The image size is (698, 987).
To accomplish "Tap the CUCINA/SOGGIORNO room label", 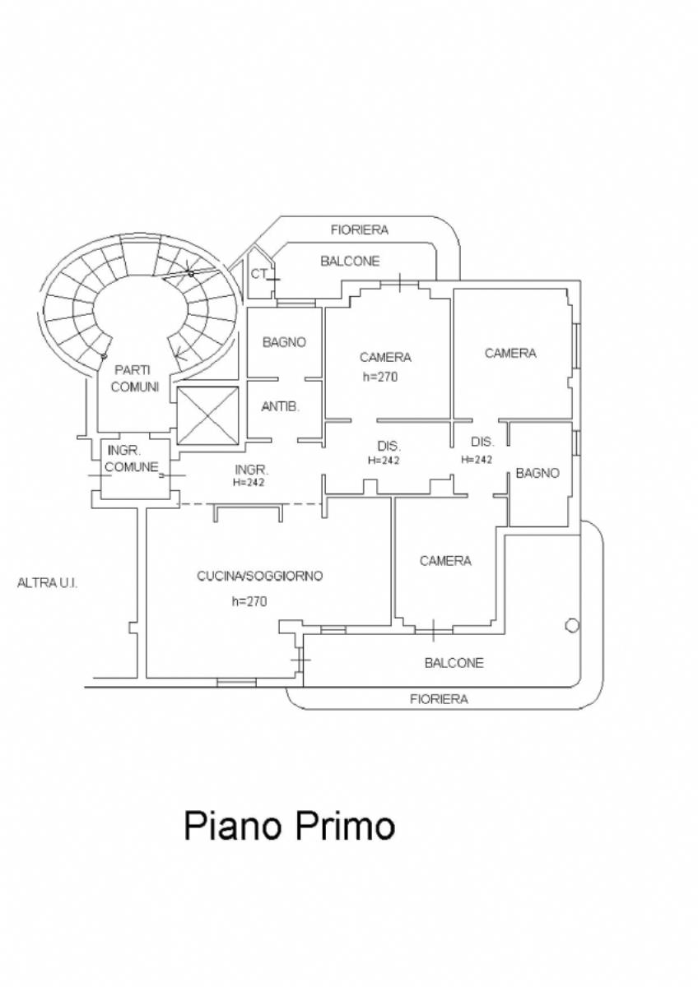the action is [x=260, y=576].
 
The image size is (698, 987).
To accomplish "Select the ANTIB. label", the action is [x=280, y=406].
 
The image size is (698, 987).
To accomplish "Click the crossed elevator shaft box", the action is [x=207, y=415].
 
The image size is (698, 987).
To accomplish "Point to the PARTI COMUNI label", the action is [x=134, y=378].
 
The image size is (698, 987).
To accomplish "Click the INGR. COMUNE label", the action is [x=132, y=459].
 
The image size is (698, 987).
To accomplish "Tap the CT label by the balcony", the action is [x=259, y=274].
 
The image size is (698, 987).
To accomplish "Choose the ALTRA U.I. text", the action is [x=47, y=583].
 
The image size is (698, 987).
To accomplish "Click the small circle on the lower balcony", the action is [x=572, y=626].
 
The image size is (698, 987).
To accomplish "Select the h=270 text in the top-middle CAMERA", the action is [x=380, y=377].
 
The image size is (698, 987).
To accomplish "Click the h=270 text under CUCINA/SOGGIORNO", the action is [x=249, y=601].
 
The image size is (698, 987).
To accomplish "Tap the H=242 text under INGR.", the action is [x=249, y=483].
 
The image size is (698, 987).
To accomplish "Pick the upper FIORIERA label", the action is [x=360, y=229].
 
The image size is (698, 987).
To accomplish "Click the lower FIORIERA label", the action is [x=439, y=699].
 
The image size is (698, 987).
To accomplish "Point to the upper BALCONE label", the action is [x=350, y=262].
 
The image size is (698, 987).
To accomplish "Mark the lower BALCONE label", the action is [x=454, y=663].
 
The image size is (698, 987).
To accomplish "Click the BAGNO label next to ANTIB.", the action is [x=285, y=342].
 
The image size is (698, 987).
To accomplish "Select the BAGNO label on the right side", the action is [x=537, y=473].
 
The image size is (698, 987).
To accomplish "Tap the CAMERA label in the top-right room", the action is [x=510, y=353].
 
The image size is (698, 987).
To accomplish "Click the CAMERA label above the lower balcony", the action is [x=445, y=561].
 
